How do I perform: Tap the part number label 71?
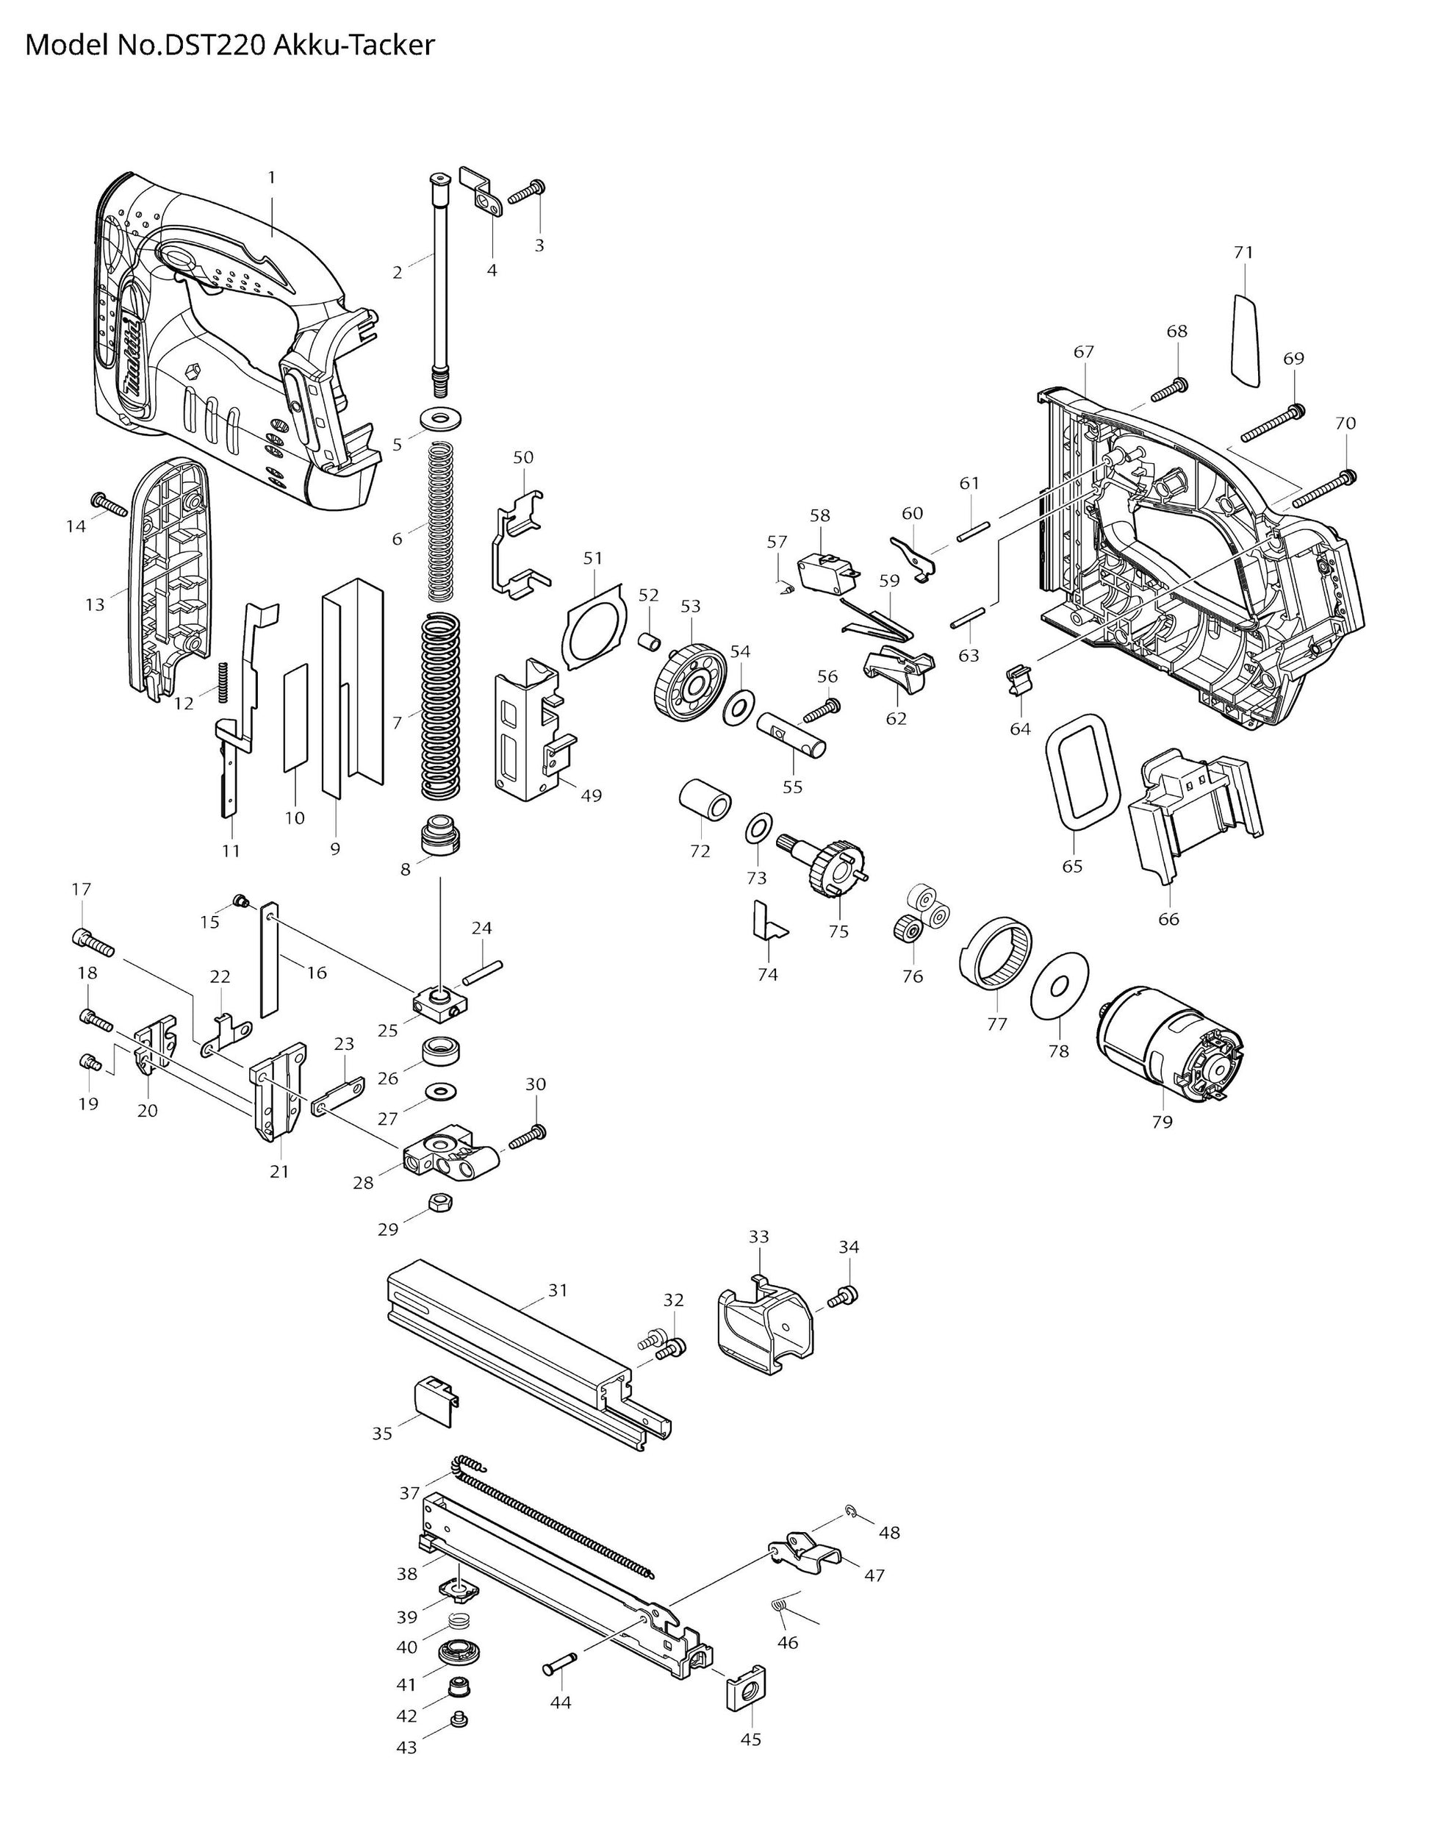(1243, 252)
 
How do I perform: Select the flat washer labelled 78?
(1060, 986)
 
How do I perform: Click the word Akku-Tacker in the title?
(354, 45)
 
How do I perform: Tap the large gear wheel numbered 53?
(689, 681)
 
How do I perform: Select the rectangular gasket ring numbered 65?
(1082, 770)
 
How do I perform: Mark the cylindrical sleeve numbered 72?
(705, 799)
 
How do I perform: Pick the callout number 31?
(558, 1290)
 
